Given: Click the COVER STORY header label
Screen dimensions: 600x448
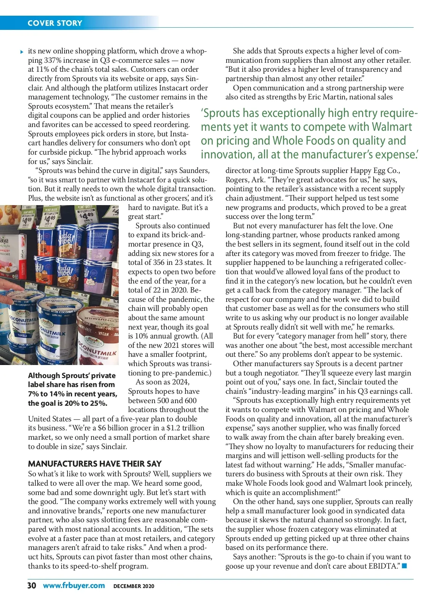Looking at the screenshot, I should click(x=55, y=23).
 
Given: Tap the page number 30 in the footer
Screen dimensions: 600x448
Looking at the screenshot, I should click(x=32, y=585).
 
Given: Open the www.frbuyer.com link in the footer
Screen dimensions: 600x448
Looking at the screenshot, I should click(x=74, y=585).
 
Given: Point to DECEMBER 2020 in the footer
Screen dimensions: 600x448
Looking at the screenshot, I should click(x=134, y=586).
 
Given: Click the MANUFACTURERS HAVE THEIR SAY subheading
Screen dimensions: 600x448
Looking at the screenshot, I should click(x=95, y=464).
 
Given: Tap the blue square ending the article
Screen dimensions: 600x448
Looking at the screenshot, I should click(x=404, y=566).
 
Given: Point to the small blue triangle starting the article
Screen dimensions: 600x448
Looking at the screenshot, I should click(x=22, y=52).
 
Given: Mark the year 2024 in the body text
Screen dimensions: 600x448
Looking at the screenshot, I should click(x=180, y=382).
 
